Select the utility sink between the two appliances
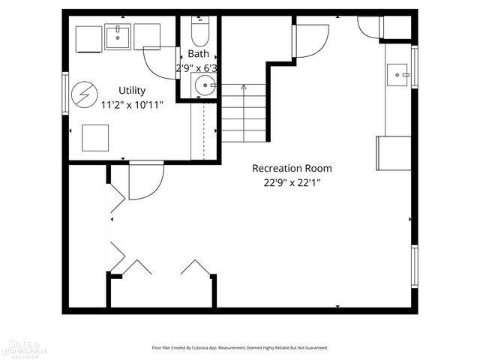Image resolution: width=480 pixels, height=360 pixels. click(118, 35)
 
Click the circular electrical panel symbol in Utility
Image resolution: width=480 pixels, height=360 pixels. click(82, 94)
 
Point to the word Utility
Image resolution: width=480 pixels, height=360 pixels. click(132, 91)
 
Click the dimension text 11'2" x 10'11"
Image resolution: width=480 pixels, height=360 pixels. click(132, 105)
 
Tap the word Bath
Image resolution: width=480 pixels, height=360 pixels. click(199, 54)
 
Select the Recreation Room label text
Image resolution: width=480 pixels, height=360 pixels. click(292, 168)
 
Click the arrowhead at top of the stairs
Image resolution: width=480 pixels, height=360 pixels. click(242, 88)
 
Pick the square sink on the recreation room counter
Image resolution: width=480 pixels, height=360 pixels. click(397, 74)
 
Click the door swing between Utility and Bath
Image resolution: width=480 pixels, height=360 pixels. click(160, 61)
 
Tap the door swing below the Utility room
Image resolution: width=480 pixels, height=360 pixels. click(146, 181)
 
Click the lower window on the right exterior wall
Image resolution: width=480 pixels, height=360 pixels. click(414, 266)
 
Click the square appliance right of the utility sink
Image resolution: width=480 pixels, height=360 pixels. click(147, 37)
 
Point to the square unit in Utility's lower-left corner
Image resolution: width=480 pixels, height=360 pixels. click(95, 138)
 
